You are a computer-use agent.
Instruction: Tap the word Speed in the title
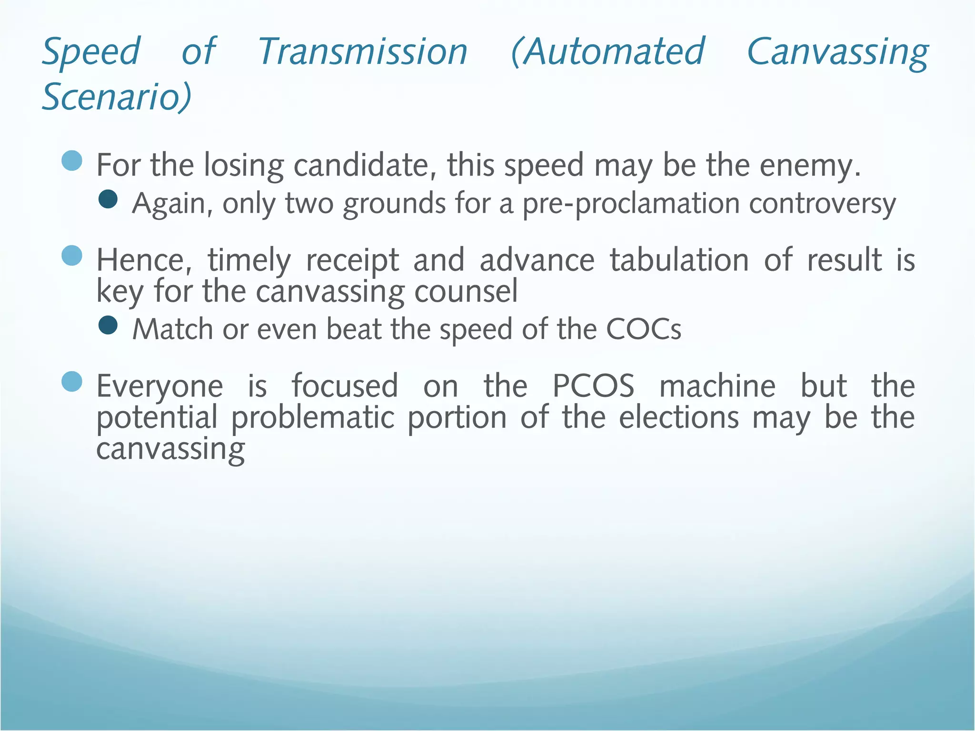[91, 52]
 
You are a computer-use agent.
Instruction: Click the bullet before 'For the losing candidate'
[72, 160]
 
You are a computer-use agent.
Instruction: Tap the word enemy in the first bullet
[809, 166]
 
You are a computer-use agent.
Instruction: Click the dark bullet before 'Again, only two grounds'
[108, 199]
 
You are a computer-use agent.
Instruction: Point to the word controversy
[822, 204]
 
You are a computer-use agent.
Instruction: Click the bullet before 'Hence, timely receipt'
[72, 256]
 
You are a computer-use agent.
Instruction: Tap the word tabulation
[679, 260]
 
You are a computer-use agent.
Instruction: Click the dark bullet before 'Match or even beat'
[108, 326]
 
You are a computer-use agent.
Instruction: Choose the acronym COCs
[644, 329]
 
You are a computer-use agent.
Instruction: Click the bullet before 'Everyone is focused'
[72, 381]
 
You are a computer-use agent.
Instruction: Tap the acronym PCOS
[593, 386]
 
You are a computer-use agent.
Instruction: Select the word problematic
[313, 418]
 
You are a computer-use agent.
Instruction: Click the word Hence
[144, 261]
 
